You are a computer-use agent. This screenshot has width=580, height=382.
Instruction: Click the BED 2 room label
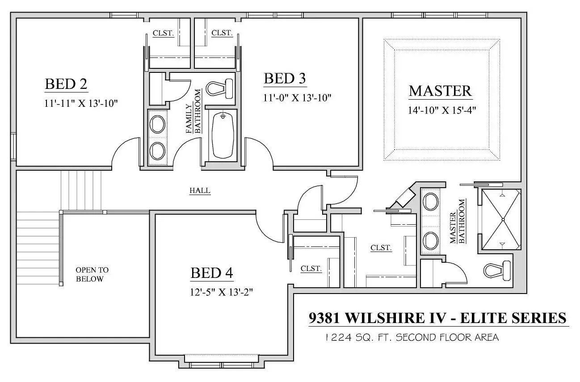coord(66,84)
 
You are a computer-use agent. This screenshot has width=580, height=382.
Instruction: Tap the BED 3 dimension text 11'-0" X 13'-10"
coord(297,98)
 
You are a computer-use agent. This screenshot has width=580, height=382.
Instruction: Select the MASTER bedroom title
coord(441,91)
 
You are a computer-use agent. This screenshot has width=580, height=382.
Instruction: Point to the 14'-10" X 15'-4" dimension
coord(442,110)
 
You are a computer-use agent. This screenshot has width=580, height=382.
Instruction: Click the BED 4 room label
coord(212,273)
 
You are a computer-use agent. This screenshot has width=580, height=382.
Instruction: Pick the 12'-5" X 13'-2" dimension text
coord(221,292)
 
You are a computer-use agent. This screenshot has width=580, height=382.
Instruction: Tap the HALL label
coord(200,190)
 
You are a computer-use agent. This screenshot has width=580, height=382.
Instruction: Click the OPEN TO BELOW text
coord(92,274)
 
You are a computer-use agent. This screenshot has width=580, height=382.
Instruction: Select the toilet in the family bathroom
coord(219,88)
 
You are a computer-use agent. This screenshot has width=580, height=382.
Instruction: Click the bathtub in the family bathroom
coord(223,135)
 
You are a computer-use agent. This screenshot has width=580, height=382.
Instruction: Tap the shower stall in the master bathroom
coord(501,219)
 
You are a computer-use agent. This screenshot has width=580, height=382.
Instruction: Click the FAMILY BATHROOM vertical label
coord(193,111)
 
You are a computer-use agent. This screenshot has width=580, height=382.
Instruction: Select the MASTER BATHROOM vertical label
coord(458,221)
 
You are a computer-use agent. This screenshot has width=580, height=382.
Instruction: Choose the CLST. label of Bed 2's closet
coord(163,33)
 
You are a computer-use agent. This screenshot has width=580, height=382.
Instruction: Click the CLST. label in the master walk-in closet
coord(381,248)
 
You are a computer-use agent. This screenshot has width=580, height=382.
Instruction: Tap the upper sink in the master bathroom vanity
coord(430,201)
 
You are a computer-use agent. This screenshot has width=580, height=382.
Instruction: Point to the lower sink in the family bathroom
coord(157,151)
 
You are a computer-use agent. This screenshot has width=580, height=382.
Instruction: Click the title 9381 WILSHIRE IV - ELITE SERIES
coord(437,318)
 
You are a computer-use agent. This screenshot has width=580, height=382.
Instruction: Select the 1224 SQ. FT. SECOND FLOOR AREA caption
coord(412,337)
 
